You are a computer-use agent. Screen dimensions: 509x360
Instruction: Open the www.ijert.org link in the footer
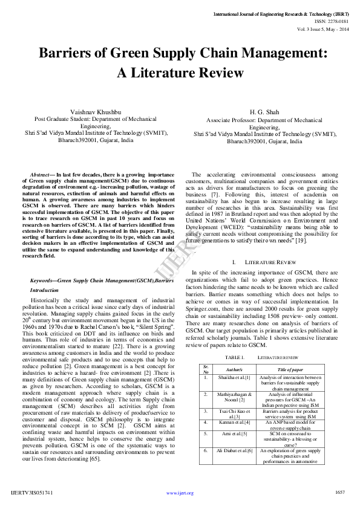click(x=180, y=493)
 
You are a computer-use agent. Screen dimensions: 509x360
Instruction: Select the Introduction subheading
click(x=45, y=290)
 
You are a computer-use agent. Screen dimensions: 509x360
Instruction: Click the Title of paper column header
click(x=290, y=369)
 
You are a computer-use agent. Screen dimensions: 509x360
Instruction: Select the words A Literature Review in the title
click(x=180, y=73)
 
